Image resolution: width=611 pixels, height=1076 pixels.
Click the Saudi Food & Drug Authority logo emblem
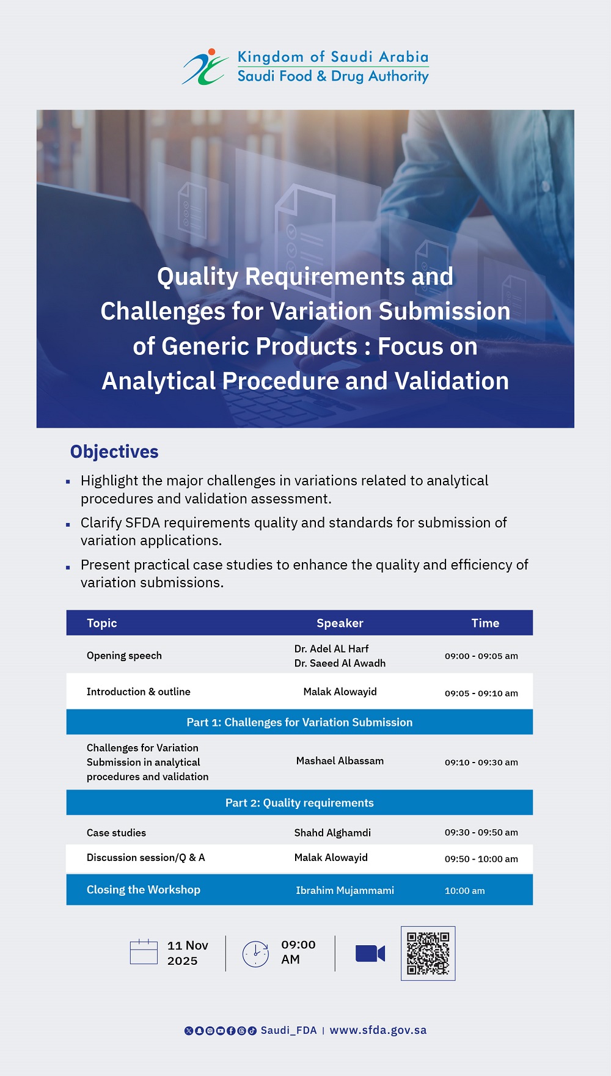coord(205,67)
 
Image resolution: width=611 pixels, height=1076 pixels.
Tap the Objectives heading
coord(114,452)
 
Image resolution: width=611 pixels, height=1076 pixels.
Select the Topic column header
coord(101,623)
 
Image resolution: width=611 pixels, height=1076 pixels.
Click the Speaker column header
coord(340,623)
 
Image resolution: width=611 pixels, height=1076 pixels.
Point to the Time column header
coord(485,623)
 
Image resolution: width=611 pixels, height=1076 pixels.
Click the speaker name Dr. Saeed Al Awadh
coord(340,663)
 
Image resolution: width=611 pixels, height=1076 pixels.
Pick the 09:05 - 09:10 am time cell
coord(481,693)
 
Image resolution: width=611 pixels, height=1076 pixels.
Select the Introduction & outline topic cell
coord(139,692)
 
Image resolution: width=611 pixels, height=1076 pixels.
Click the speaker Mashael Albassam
coord(340,761)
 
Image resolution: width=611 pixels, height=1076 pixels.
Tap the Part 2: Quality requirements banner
coord(299,803)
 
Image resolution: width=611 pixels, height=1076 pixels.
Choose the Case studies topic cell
coord(116,833)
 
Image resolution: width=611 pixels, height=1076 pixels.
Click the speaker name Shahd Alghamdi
coord(332,833)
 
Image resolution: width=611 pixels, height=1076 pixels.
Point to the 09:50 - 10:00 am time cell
coord(481,858)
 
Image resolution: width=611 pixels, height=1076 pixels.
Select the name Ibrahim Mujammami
coord(345,890)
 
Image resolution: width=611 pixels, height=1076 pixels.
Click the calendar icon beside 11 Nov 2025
coord(144,951)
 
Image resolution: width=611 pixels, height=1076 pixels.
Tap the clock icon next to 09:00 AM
coord(255,953)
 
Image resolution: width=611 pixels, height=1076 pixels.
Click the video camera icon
coord(370,953)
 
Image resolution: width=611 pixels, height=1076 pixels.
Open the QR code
coord(428,953)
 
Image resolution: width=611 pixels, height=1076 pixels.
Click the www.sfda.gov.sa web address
coord(378,1030)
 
